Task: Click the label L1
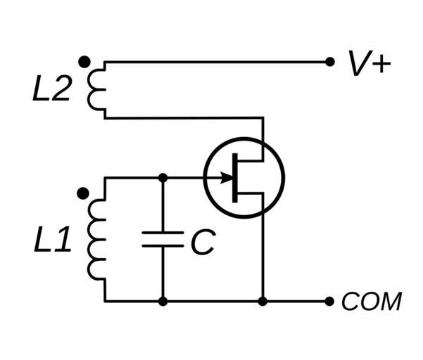pos(52,241)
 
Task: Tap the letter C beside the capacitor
pos(202,243)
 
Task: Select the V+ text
pos(369,64)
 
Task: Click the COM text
pos(371,302)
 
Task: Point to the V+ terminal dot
pos(329,62)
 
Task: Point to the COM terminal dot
pos(329,302)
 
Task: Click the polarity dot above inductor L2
pos(84,62)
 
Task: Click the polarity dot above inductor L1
pos(83,192)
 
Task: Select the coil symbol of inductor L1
pos(96,239)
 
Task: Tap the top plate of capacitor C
pos(163,232)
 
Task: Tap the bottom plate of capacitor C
pos(163,245)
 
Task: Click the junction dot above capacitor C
pos(163,178)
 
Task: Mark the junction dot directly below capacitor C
pos(163,302)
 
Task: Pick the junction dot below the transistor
pos(263,302)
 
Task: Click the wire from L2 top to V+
pos(211,62)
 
